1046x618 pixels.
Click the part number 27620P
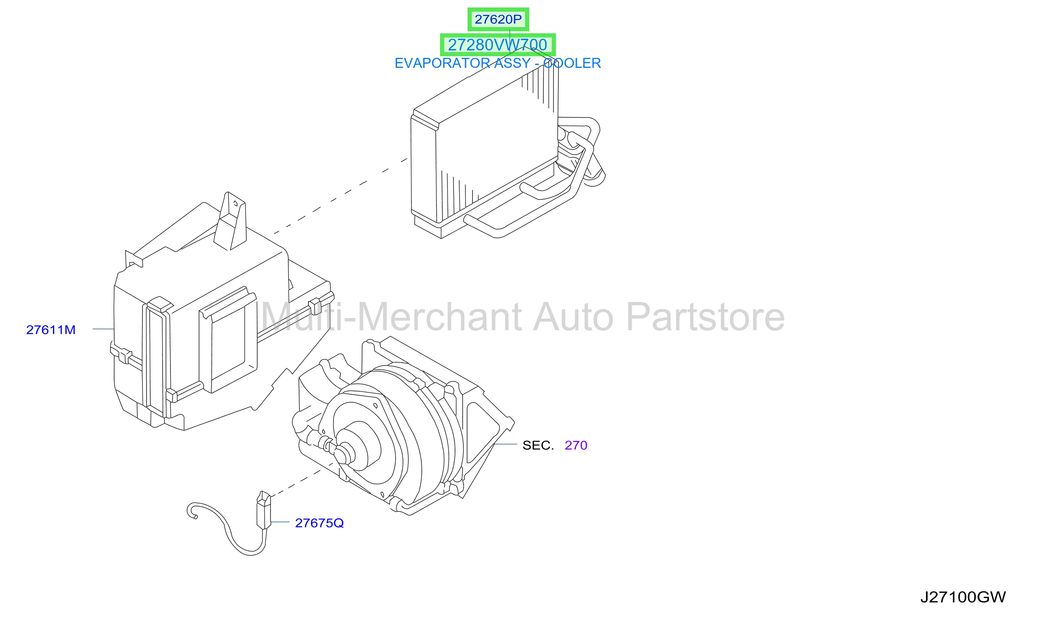coord(498,19)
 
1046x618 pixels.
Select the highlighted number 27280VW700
coord(498,45)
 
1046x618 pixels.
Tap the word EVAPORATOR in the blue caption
coord(442,63)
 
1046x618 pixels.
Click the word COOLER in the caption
coord(572,63)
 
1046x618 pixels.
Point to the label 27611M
coord(51,330)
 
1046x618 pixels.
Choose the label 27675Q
coord(319,523)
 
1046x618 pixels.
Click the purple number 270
coord(576,445)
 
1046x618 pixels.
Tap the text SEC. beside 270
coord(538,445)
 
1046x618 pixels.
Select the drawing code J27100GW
coord(963,597)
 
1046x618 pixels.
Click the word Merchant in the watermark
coord(440,317)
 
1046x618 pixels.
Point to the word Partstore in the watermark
coord(706,317)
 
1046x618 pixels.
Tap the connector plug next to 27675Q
coord(264,511)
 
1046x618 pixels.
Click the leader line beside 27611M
coord(103,329)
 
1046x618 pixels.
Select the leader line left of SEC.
coord(505,444)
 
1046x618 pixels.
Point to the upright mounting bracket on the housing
coord(230,222)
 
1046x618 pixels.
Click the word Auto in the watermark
coord(573,317)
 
